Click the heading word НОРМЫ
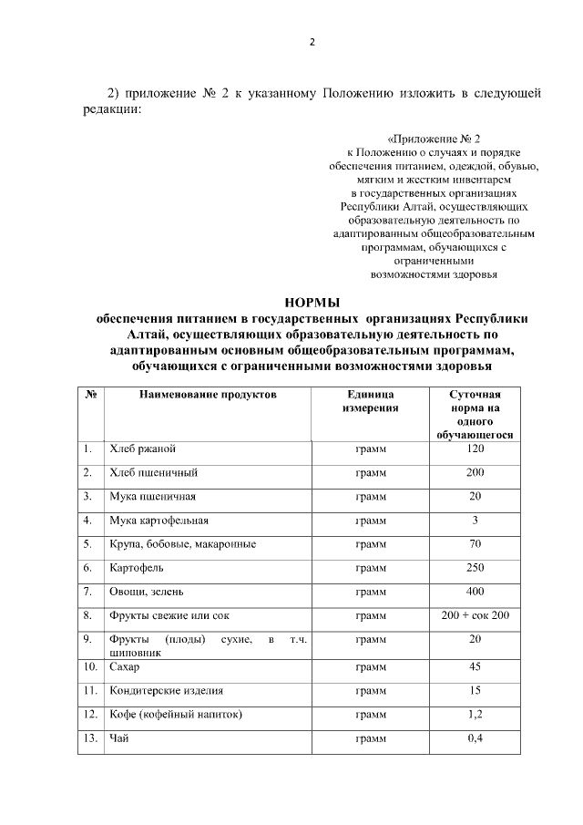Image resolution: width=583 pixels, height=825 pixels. click(x=312, y=303)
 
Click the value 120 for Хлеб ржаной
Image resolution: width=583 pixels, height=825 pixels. click(x=475, y=449)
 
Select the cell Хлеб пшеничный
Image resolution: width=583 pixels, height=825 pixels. click(x=154, y=473)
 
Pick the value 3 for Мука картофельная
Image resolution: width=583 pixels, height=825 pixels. click(x=475, y=521)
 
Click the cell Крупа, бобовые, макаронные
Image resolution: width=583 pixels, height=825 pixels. click(x=182, y=544)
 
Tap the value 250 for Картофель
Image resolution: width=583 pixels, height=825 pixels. click(x=475, y=568)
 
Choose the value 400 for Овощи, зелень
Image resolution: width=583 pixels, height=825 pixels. click(x=475, y=592)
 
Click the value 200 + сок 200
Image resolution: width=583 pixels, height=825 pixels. click(x=475, y=615)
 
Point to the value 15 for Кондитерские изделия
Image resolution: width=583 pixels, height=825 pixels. click(x=475, y=691)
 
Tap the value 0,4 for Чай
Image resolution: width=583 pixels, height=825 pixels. click(x=475, y=737)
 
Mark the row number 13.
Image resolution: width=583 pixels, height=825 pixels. click(x=90, y=737)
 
